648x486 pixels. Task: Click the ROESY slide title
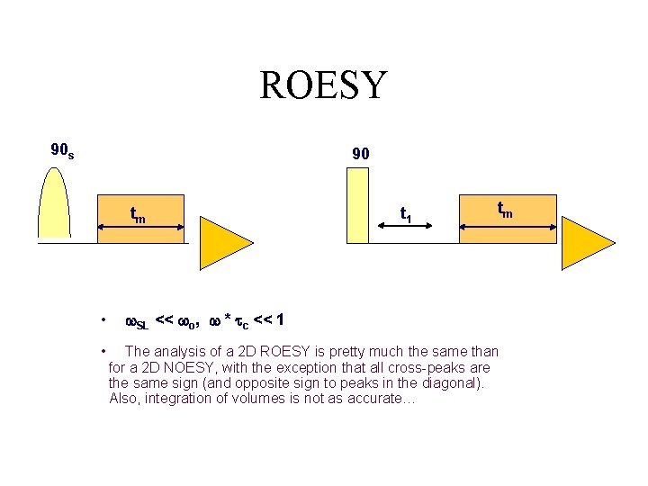pyautogui.click(x=323, y=85)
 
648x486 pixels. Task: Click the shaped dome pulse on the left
pyautogui.click(x=55, y=203)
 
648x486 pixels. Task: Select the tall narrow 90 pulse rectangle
pyautogui.click(x=357, y=204)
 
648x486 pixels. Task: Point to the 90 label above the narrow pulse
pyautogui.click(x=360, y=155)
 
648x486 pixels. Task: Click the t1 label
pyautogui.click(x=406, y=215)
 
